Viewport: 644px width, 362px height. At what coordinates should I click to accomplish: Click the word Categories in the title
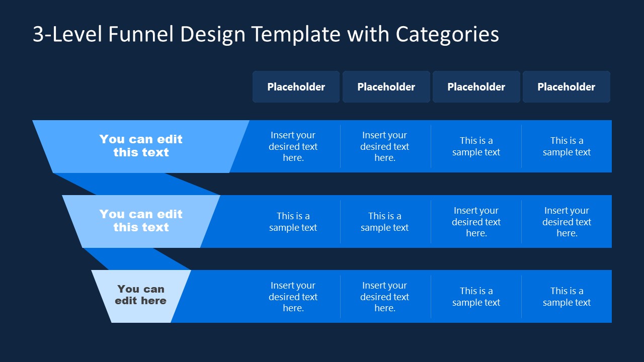pyautogui.click(x=447, y=34)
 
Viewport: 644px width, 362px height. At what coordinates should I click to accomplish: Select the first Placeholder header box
pyautogui.click(x=296, y=87)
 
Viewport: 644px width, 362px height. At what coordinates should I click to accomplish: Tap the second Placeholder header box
pyautogui.click(x=386, y=87)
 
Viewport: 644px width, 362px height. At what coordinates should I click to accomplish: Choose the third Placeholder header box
pyautogui.click(x=476, y=87)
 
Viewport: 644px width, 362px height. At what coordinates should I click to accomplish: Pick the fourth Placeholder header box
pyautogui.click(x=566, y=87)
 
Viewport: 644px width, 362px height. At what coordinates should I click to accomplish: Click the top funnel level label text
pyautogui.click(x=141, y=146)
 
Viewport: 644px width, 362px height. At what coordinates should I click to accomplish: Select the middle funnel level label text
pyautogui.click(x=141, y=221)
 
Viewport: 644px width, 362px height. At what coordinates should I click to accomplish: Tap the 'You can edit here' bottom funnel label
pyautogui.click(x=141, y=295)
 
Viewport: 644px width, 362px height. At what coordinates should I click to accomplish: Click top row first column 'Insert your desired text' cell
pyautogui.click(x=293, y=146)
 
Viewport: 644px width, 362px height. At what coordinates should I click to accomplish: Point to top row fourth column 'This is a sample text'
pyautogui.click(x=567, y=146)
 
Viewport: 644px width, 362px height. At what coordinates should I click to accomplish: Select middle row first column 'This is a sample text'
pyautogui.click(x=293, y=222)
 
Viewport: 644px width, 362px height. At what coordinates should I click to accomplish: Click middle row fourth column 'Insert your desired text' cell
pyautogui.click(x=567, y=222)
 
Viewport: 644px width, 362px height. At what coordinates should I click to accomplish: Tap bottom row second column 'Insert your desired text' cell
pyautogui.click(x=384, y=297)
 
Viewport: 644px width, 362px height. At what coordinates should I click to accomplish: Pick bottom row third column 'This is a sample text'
pyautogui.click(x=476, y=297)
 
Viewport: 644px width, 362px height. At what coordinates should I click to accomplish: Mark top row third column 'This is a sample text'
pyautogui.click(x=476, y=146)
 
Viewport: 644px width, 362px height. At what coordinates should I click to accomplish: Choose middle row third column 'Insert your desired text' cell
pyautogui.click(x=476, y=222)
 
